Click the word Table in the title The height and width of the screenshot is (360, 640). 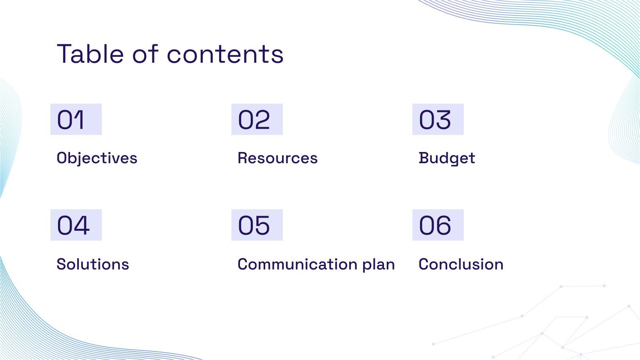90,54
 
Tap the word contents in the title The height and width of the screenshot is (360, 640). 225,54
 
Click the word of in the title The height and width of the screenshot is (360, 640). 145,54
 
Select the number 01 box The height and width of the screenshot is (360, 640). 76,119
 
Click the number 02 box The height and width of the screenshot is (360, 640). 257,119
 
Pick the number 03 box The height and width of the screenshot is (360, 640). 438,119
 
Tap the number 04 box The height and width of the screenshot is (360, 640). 76,225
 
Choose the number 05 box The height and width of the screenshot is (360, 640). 257,225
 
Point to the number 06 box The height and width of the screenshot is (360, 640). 438,225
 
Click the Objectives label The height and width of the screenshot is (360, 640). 97,158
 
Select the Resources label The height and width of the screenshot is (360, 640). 278,158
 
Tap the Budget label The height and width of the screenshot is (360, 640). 447,158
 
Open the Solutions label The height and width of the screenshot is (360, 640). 93,264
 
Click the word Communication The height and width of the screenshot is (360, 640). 298,264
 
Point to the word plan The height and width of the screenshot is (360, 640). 378,265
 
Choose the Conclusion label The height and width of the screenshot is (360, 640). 461,264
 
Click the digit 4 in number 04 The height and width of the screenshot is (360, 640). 82,225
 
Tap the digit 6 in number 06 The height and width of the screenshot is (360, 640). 444,226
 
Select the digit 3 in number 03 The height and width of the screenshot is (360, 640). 444,120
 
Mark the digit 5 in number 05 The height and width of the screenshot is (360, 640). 262,226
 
